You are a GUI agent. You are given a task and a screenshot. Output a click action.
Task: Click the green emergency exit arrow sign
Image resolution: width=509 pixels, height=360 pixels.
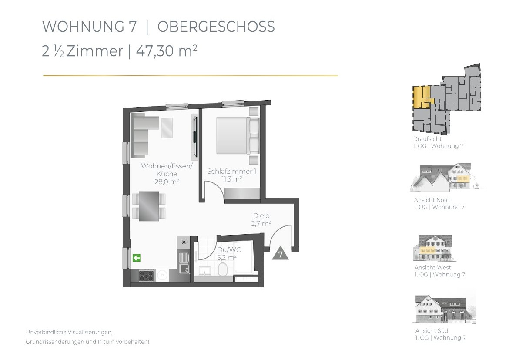coord(136,258)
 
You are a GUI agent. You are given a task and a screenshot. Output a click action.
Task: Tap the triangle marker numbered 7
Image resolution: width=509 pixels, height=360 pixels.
coord(281,253)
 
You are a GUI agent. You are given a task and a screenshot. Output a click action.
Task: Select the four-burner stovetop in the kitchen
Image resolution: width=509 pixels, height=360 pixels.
coord(147,276)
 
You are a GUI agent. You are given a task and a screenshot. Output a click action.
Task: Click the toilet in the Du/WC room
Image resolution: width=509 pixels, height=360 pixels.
coord(223,269)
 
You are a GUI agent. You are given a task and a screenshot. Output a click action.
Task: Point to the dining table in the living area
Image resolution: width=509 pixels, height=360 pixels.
coord(149,206)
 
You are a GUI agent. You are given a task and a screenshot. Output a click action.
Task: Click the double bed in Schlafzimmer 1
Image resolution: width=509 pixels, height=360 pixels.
coord(238,135)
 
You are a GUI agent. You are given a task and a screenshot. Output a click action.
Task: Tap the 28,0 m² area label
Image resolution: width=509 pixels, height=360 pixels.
coord(167,182)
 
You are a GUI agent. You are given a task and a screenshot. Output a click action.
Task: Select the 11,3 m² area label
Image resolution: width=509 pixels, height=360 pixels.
coord(232,179)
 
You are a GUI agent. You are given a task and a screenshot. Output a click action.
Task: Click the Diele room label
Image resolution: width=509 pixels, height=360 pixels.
coord(261,215)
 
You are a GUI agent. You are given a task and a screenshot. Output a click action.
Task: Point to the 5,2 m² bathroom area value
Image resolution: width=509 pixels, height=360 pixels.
coord(227,258)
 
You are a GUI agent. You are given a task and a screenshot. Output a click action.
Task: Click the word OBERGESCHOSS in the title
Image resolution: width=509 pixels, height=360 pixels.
coord(216,27)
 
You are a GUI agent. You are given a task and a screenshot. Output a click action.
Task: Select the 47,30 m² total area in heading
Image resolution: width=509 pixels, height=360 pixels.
coord(167,51)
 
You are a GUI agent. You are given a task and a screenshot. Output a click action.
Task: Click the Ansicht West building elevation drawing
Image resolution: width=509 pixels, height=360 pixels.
coord(434,248)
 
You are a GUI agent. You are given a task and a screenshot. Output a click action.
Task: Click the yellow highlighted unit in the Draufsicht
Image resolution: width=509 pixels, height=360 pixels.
coord(422,97)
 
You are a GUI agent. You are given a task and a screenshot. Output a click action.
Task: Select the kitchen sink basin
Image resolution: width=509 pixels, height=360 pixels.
coord(185,269)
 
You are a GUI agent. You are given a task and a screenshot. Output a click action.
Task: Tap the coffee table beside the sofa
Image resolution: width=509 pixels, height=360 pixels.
coord(167,128)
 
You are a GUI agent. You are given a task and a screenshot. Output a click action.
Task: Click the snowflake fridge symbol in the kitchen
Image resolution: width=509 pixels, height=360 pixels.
coord(184,242)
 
